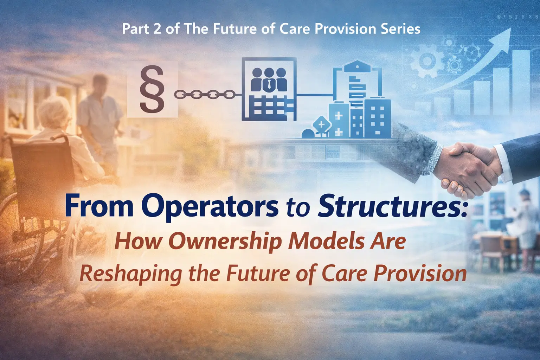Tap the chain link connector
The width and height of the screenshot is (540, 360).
204,95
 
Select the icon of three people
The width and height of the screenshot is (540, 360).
269,79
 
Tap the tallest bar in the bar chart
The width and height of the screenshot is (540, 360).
521,82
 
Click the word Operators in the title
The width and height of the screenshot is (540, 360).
210,207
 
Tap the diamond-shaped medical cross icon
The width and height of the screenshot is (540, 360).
321,125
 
